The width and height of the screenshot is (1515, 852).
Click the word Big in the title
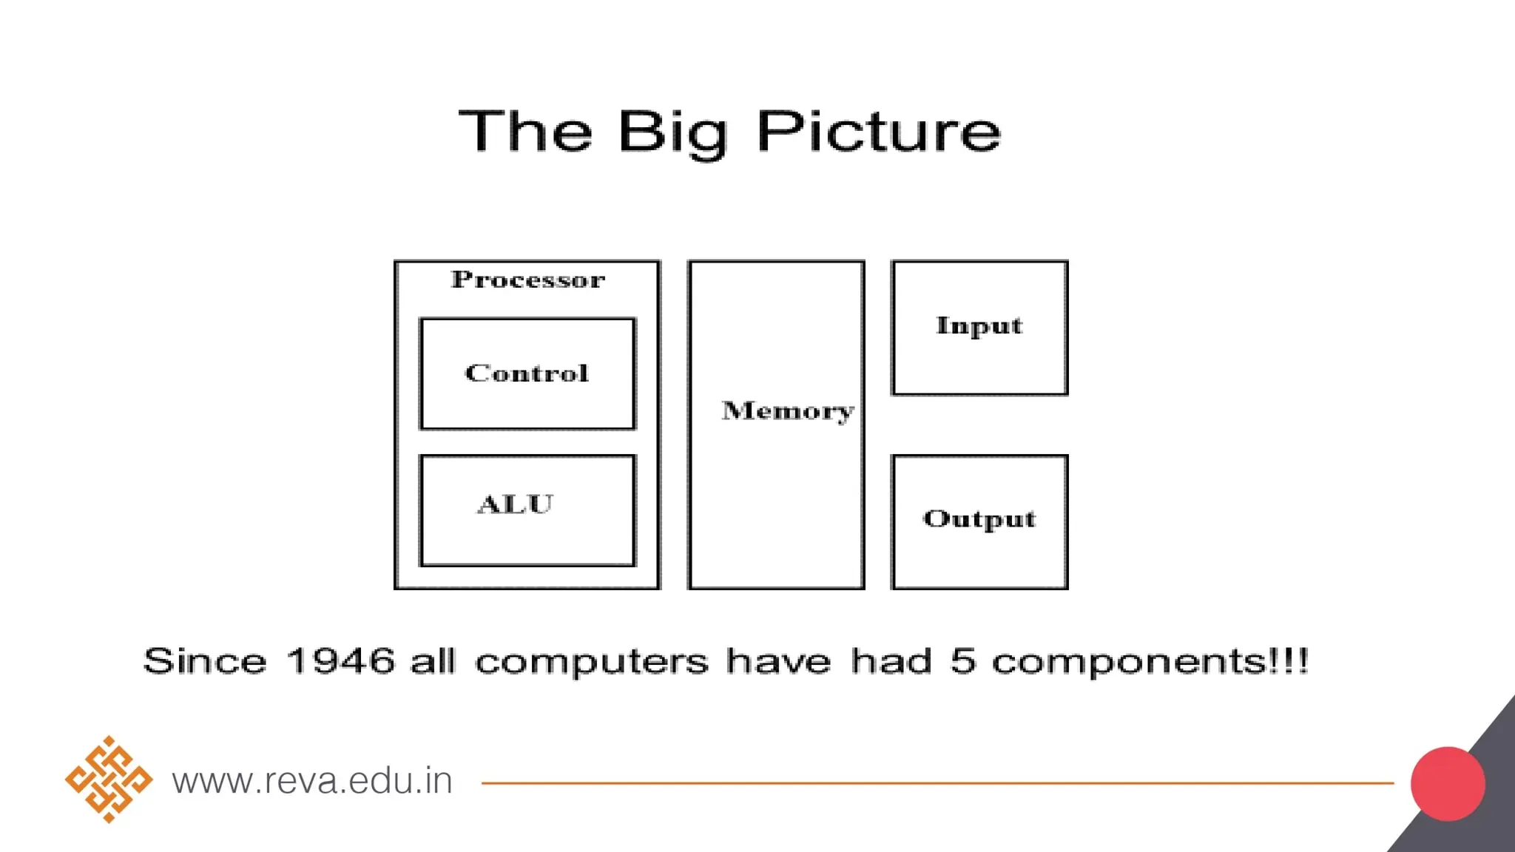pyautogui.click(x=672, y=133)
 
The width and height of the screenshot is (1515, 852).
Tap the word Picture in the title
pyautogui.click(x=878, y=132)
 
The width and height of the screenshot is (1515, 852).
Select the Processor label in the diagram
pyautogui.click(x=528, y=280)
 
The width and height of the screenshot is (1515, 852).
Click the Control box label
pyautogui.click(x=527, y=373)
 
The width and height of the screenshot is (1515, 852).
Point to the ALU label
pyautogui.click(x=515, y=504)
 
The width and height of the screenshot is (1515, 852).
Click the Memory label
pyautogui.click(x=787, y=411)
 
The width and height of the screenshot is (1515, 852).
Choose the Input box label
pyautogui.click(x=979, y=326)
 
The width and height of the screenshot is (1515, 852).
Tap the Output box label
pyautogui.click(x=979, y=519)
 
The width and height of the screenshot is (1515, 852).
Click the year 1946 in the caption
pyautogui.click(x=340, y=660)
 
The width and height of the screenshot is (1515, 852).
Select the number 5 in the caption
pyautogui.click(x=963, y=660)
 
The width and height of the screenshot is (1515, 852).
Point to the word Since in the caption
pyautogui.click(x=205, y=660)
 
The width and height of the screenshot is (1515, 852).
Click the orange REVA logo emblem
pyautogui.click(x=109, y=780)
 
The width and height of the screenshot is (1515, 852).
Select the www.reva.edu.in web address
pyautogui.click(x=312, y=781)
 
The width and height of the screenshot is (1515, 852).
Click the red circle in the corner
pyautogui.click(x=1448, y=784)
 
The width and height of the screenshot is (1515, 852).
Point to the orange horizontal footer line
pyautogui.click(x=937, y=782)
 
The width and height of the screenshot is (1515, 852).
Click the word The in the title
pyautogui.click(x=526, y=132)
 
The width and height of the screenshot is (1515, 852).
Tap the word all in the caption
pyautogui.click(x=433, y=660)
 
